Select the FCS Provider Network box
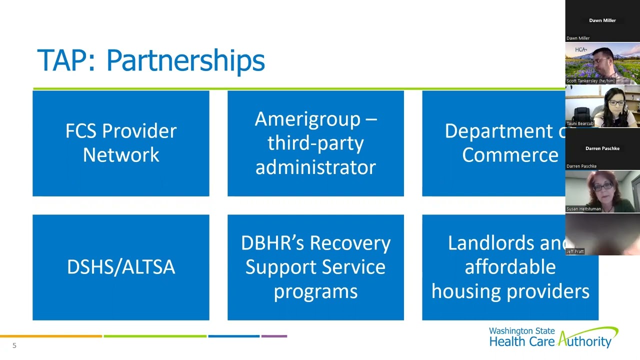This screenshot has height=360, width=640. point(121,143)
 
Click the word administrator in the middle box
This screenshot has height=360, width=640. point(315,167)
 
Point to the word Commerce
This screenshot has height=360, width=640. point(510,155)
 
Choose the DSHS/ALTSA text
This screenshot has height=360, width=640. point(121,267)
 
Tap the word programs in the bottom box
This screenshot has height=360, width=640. point(315,291)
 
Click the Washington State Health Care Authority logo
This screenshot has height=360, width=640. point(553,337)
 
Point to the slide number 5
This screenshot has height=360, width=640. point(14,345)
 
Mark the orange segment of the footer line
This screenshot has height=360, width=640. point(50,336)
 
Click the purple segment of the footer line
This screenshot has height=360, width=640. point(274,336)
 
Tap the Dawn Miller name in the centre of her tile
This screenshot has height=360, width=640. point(602,20)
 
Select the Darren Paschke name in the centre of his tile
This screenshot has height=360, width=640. point(602,148)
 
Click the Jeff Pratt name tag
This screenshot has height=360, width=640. point(575,251)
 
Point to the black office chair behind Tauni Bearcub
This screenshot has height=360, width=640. point(582,113)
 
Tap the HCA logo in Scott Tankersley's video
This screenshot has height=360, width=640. point(580,49)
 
